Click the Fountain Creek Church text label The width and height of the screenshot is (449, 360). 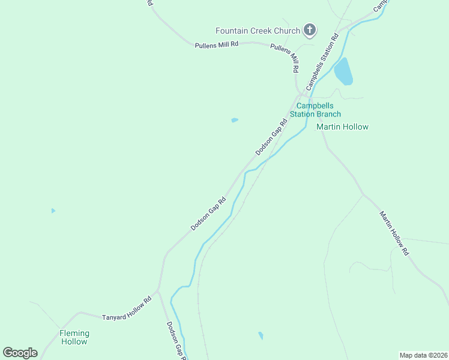(258, 31)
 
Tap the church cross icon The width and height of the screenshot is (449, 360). (310, 30)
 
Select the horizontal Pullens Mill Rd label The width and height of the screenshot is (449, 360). (217, 44)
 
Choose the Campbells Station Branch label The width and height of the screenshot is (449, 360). (315, 109)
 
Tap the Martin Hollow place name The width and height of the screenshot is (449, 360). (342, 127)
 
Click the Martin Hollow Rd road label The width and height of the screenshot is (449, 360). (394, 233)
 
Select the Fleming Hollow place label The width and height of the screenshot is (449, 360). (74, 337)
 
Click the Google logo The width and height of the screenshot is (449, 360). (20, 353)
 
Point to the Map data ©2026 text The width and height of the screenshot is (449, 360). (423, 355)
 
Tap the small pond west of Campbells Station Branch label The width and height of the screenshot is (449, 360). (235, 120)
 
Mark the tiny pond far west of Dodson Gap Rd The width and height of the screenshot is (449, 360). (53, 211)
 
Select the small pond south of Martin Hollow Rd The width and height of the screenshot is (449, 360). (261, 335)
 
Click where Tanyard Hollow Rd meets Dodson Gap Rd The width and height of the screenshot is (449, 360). (158, 291)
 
